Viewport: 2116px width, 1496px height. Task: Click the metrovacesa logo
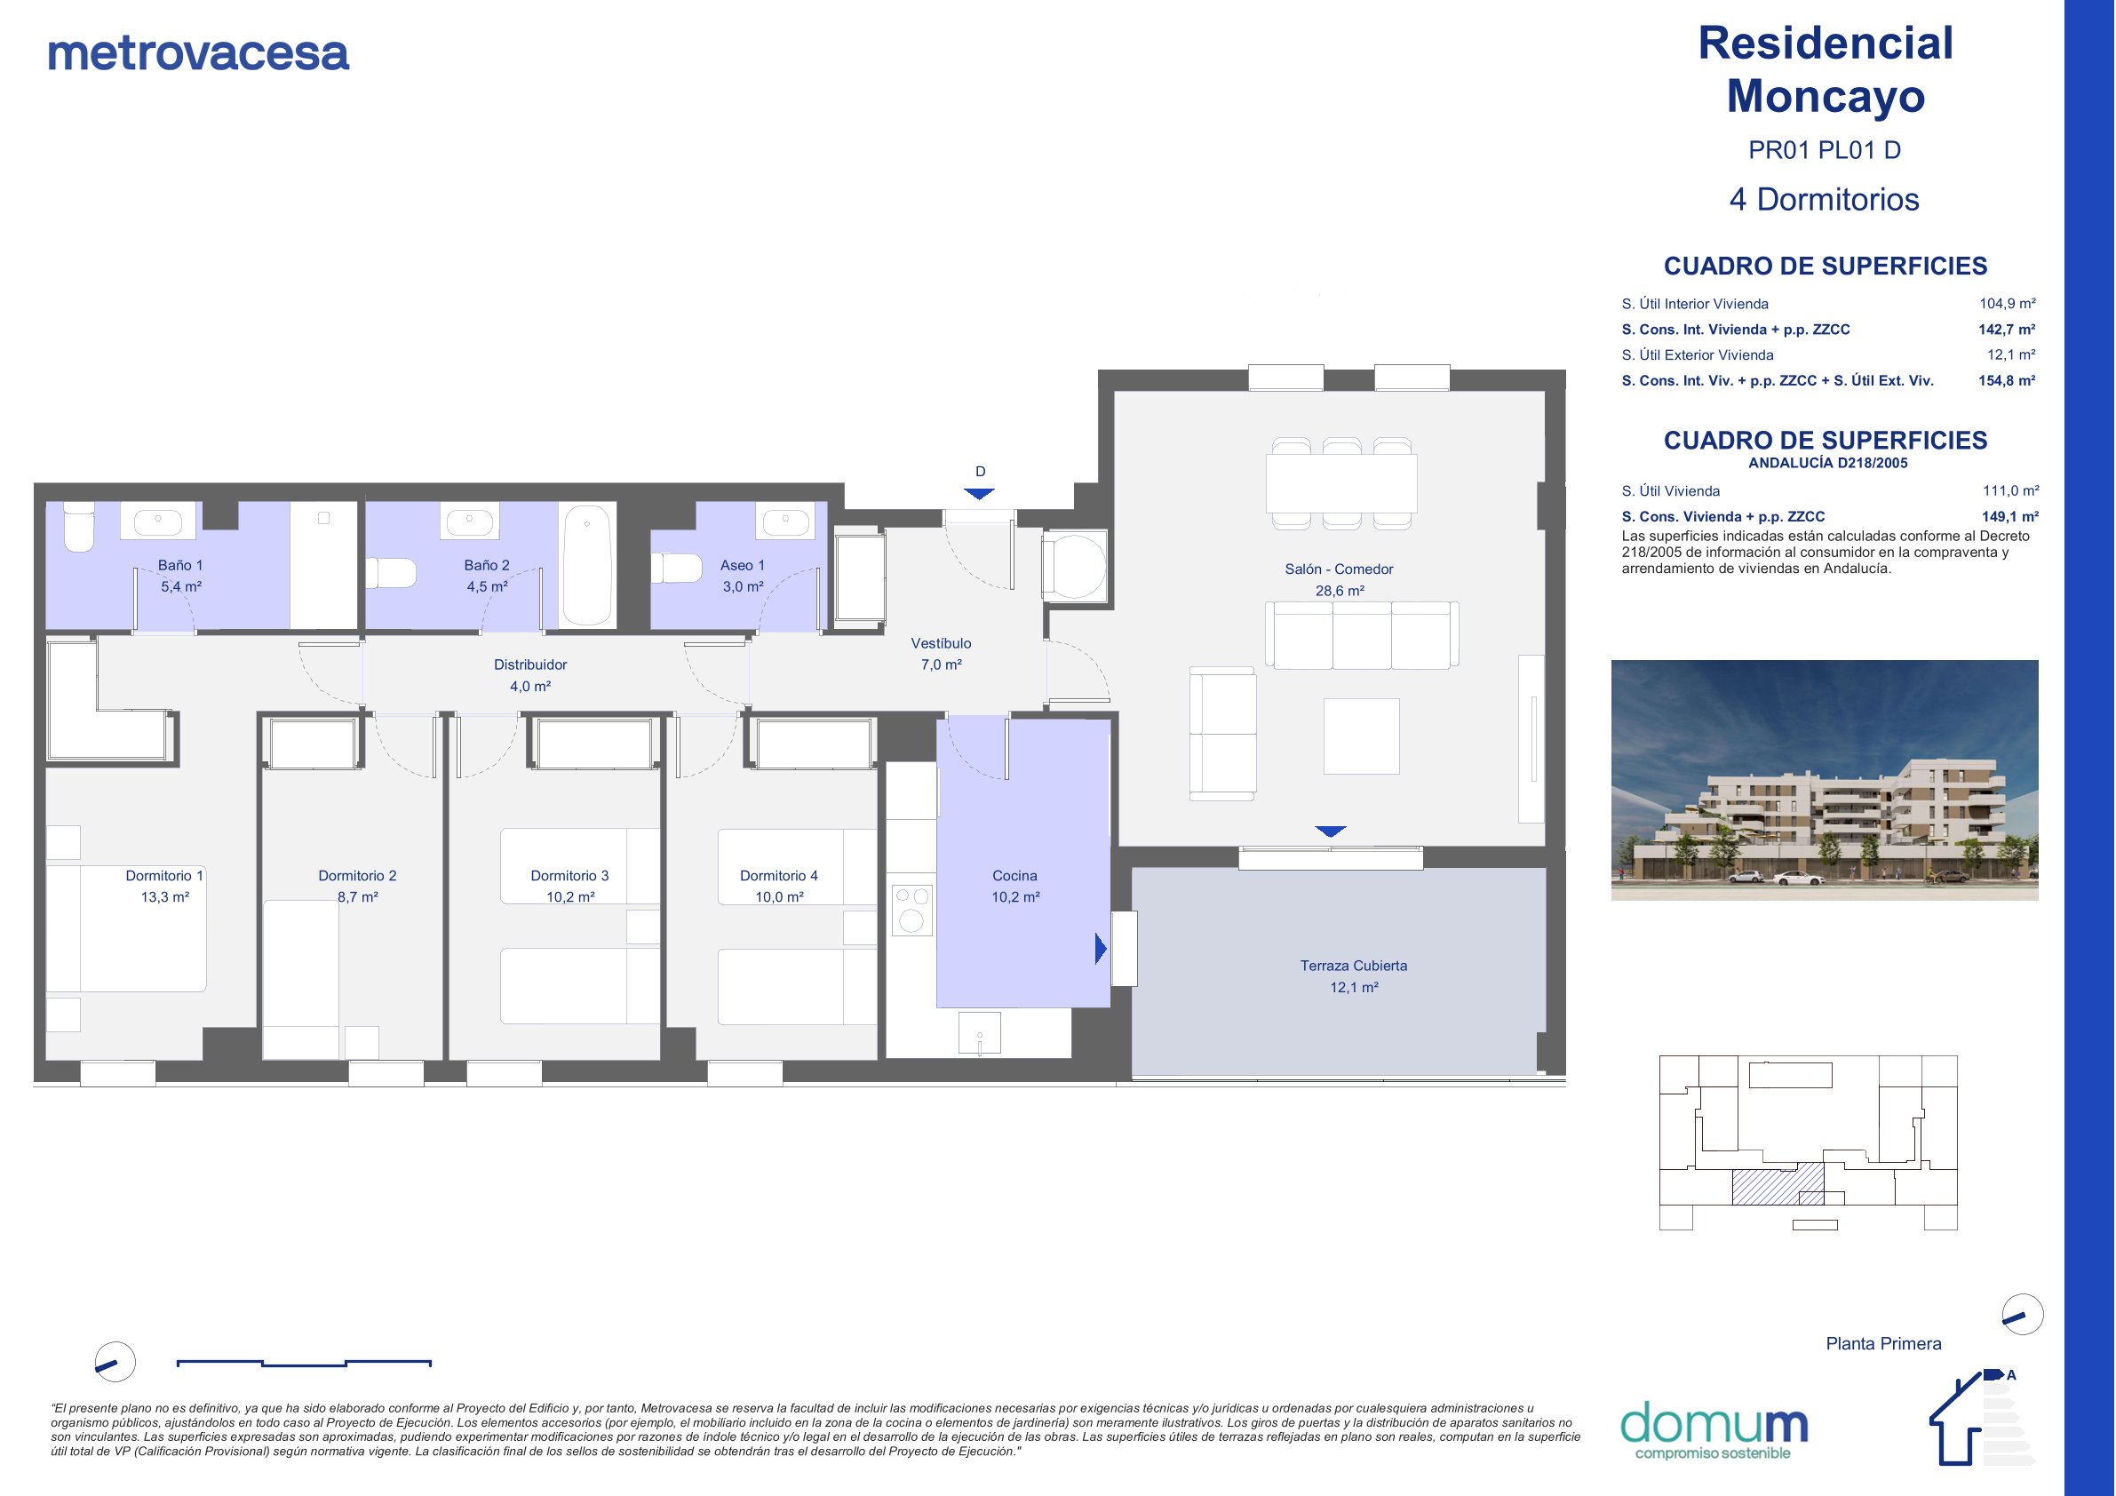click(x=198, y=52)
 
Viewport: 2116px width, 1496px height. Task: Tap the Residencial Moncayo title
click(x=1825, y=69)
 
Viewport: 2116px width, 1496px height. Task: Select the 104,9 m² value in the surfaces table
click(x=2008, y=303)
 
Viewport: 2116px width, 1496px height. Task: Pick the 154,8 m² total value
click(x=2007, y=381)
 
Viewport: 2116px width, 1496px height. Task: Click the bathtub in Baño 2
click(x=587, y=564)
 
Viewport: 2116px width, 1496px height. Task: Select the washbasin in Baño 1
click(x=158, y=521)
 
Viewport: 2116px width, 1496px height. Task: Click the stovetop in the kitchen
click(x=911, y=910)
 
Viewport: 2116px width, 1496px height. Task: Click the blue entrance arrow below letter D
click(x=979, y=494)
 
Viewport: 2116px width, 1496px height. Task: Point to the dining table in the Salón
click(x=1340, y=483)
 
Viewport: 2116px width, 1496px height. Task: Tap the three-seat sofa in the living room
click(x=1362, y=635)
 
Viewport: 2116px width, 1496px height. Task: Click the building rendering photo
click(x=1824, y=780)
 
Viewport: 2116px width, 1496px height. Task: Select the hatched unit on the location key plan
click(x=1778, y=1183)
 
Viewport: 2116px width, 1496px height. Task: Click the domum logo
click(x=1714, y=1430)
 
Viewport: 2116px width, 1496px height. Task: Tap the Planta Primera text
click(x=1884, y=1344)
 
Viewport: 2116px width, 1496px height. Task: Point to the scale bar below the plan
click(x=304, y=1363)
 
